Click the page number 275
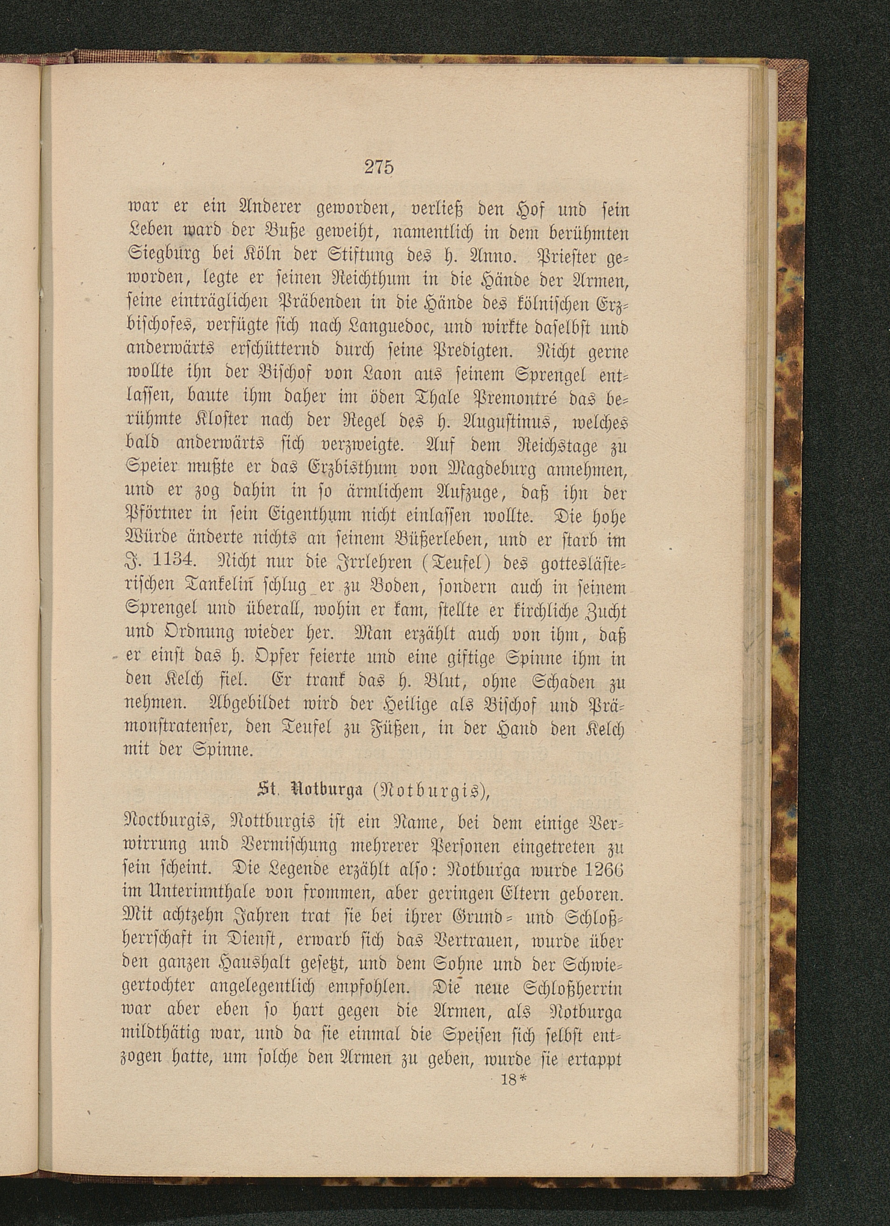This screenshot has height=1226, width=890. (378, 167)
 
